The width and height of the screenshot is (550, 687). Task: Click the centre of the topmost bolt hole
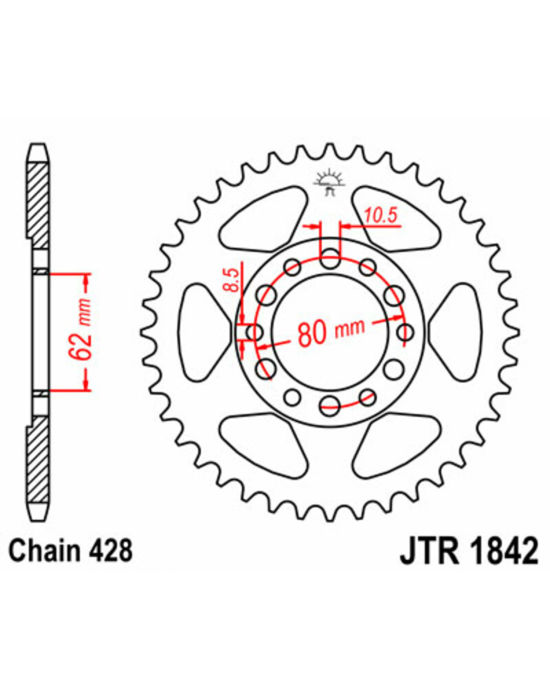tap(330, 259)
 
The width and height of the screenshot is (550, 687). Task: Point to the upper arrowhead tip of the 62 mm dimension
tap(86, 274)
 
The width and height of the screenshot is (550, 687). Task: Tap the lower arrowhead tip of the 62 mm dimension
tap(86, 390)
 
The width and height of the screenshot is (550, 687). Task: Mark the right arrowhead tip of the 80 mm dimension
tap(402, 317)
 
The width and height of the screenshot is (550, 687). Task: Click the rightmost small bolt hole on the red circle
tap(405, 332)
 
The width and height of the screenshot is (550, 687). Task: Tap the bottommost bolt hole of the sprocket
tap(330, 406)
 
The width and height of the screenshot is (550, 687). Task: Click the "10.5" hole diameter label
tap(380, 215)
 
